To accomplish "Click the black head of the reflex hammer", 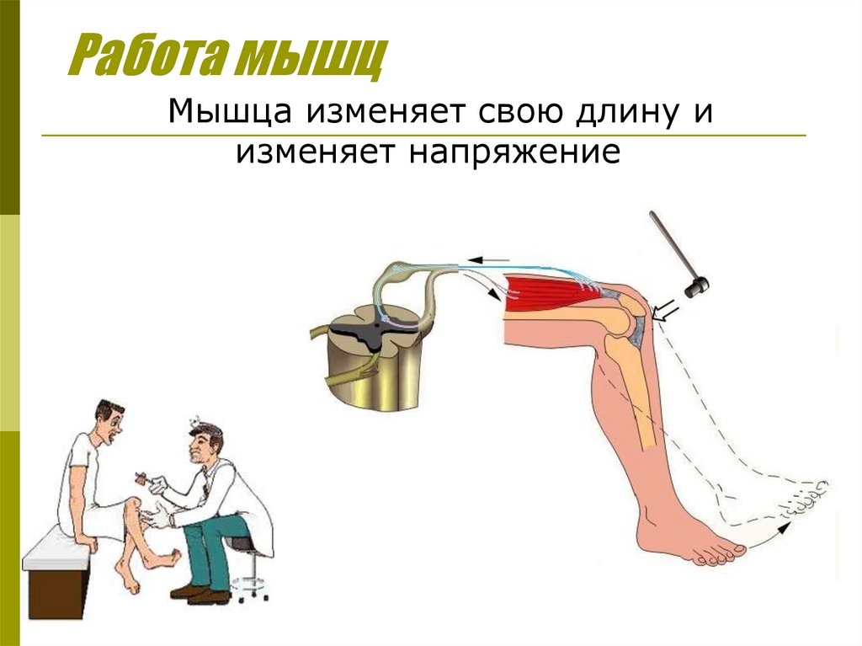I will (x=698, y=286).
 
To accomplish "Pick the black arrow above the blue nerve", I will (x=488, y=259).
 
